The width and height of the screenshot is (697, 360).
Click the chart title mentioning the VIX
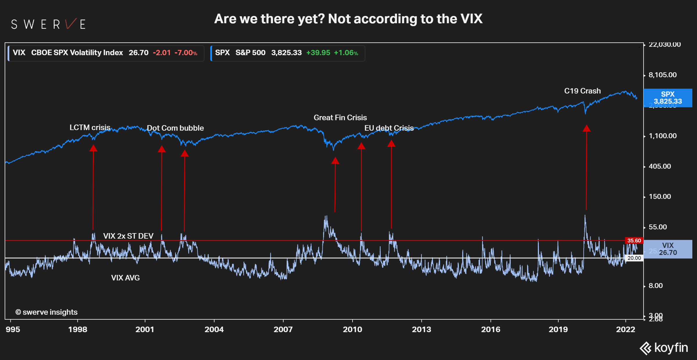click(348, 19)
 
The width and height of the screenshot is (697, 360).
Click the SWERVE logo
click(48, 24)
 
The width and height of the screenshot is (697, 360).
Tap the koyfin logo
click(664, 348)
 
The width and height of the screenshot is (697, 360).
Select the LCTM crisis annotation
click(90, 127)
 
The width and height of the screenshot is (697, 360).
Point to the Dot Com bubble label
click(175, 128)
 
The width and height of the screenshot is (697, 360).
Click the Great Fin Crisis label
click(340, 118)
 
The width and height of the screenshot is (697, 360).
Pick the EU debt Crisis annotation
click(389, 128)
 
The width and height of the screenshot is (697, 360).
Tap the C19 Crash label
click(582, 91)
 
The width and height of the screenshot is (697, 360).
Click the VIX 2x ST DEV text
click(128, 236)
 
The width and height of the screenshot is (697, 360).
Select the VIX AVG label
click(125, 278)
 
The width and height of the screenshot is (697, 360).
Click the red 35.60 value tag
click(634, 241)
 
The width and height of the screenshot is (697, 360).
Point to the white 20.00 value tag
click(634, 258)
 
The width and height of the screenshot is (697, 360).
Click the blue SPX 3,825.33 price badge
click(668, 98)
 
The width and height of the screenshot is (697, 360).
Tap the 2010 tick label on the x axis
click(352, 330)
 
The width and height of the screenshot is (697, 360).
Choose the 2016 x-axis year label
click(491, 330)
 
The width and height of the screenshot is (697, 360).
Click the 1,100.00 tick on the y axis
click(662, 136)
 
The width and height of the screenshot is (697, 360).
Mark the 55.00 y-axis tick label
click(658, 227)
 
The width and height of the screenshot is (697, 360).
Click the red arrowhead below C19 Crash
click(586, 128)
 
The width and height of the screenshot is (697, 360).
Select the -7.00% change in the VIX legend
click(186, 53)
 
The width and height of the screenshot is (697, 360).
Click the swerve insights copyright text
click(46, 312)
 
